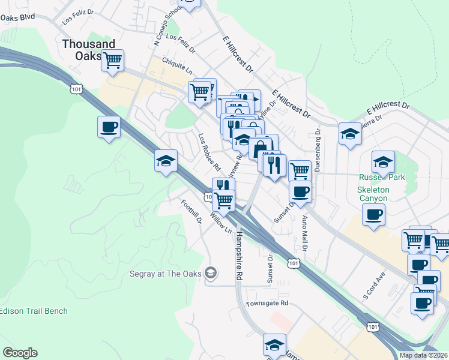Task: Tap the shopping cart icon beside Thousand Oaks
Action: (112, 60)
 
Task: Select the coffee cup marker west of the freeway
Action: (109, 127)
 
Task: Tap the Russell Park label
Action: (382, 178)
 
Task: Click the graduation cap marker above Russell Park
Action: (383, 161)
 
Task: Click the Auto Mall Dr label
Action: (305, 233)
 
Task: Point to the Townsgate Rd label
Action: (267, 304)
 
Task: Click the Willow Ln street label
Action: (220, 222)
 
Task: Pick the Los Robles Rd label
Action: (209, 151)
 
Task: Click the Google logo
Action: (20, 353)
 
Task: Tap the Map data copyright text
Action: (423, 355)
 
